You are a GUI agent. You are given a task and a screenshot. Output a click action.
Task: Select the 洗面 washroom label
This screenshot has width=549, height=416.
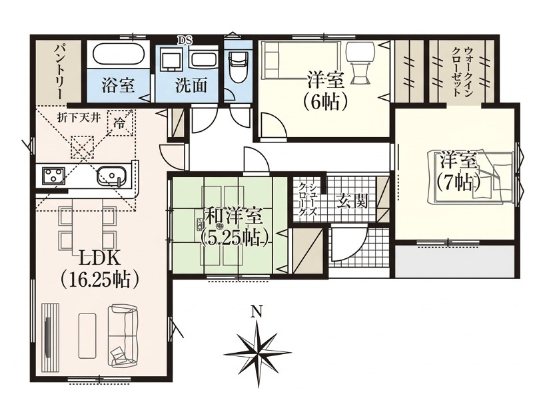(x=191, y=86)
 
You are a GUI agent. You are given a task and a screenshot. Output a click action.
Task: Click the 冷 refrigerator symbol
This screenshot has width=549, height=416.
(x=120, y=122)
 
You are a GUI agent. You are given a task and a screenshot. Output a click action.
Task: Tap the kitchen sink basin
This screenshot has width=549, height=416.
(x=111, y=176)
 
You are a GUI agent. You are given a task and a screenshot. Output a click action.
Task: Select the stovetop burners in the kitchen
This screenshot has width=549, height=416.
(x=53, y=176)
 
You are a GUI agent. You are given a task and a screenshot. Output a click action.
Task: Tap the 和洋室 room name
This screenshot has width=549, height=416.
(x=233, y=217)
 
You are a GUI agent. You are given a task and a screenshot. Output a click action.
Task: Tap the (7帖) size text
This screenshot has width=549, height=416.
(x=458, y=180)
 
